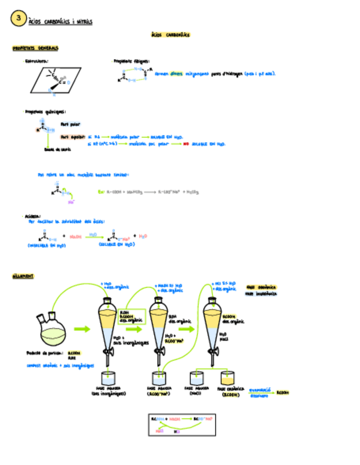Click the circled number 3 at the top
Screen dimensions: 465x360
(x=18, y=19)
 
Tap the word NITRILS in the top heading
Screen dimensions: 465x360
(x=84, y=22)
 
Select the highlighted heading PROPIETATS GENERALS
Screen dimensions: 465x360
(x=36, y=48)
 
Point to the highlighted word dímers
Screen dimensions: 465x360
(x=176, y=73)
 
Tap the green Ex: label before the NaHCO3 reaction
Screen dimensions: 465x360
(x=101, y=192)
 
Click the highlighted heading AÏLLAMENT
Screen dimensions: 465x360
(x=22, y=276)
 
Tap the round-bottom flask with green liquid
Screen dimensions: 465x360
(x=50, y=328)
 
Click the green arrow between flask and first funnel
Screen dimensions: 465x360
(x=82, y=329)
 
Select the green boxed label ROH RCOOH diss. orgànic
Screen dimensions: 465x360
(x=131, y=316)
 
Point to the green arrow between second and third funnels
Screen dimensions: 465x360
(x=187, y=329)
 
